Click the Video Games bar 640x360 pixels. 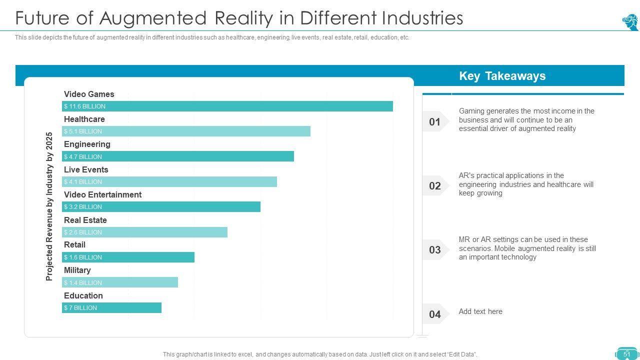(227, 106)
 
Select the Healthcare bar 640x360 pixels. (186, 131)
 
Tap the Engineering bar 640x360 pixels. (178, 156)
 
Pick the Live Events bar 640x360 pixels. (169, 181)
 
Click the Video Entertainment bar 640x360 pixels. (161, 206)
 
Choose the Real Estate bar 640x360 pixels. (144, 232)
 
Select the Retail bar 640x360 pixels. (128, 257)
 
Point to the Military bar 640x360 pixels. (120, 282)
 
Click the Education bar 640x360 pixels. (111, 307)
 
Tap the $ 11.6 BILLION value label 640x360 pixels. (84, 106)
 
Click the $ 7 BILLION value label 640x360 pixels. (80, 308)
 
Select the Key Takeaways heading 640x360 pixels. (502, 76)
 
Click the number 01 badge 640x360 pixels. (435, 121)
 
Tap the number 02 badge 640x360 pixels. (435, 186)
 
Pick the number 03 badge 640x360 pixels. (435, 250)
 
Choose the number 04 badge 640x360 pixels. (435, 314)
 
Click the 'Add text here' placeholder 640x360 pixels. (480, 311)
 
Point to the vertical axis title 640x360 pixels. (49, 206)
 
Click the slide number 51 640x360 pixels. (627, 354)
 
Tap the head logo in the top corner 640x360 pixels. (630, 22)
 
